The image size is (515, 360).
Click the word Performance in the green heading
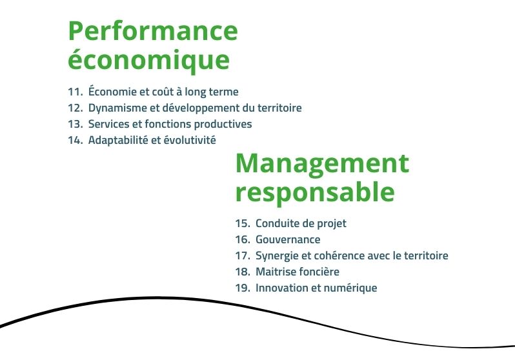153,30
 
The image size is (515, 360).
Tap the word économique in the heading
149,60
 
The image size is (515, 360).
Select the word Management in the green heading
322,165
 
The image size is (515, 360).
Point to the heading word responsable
315,192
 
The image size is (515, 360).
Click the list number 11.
76,92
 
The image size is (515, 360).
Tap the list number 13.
76,124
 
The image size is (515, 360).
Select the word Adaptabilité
118,140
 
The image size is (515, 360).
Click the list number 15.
243,223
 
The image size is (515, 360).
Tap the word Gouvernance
288,239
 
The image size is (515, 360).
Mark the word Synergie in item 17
276,256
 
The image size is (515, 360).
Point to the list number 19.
243,288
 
